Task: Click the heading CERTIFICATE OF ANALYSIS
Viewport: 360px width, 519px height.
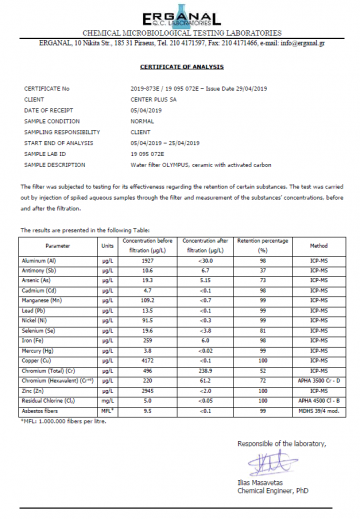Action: point(179,67)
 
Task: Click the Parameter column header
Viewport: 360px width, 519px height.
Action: point(58,245)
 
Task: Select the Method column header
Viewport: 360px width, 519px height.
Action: point(318,245)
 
